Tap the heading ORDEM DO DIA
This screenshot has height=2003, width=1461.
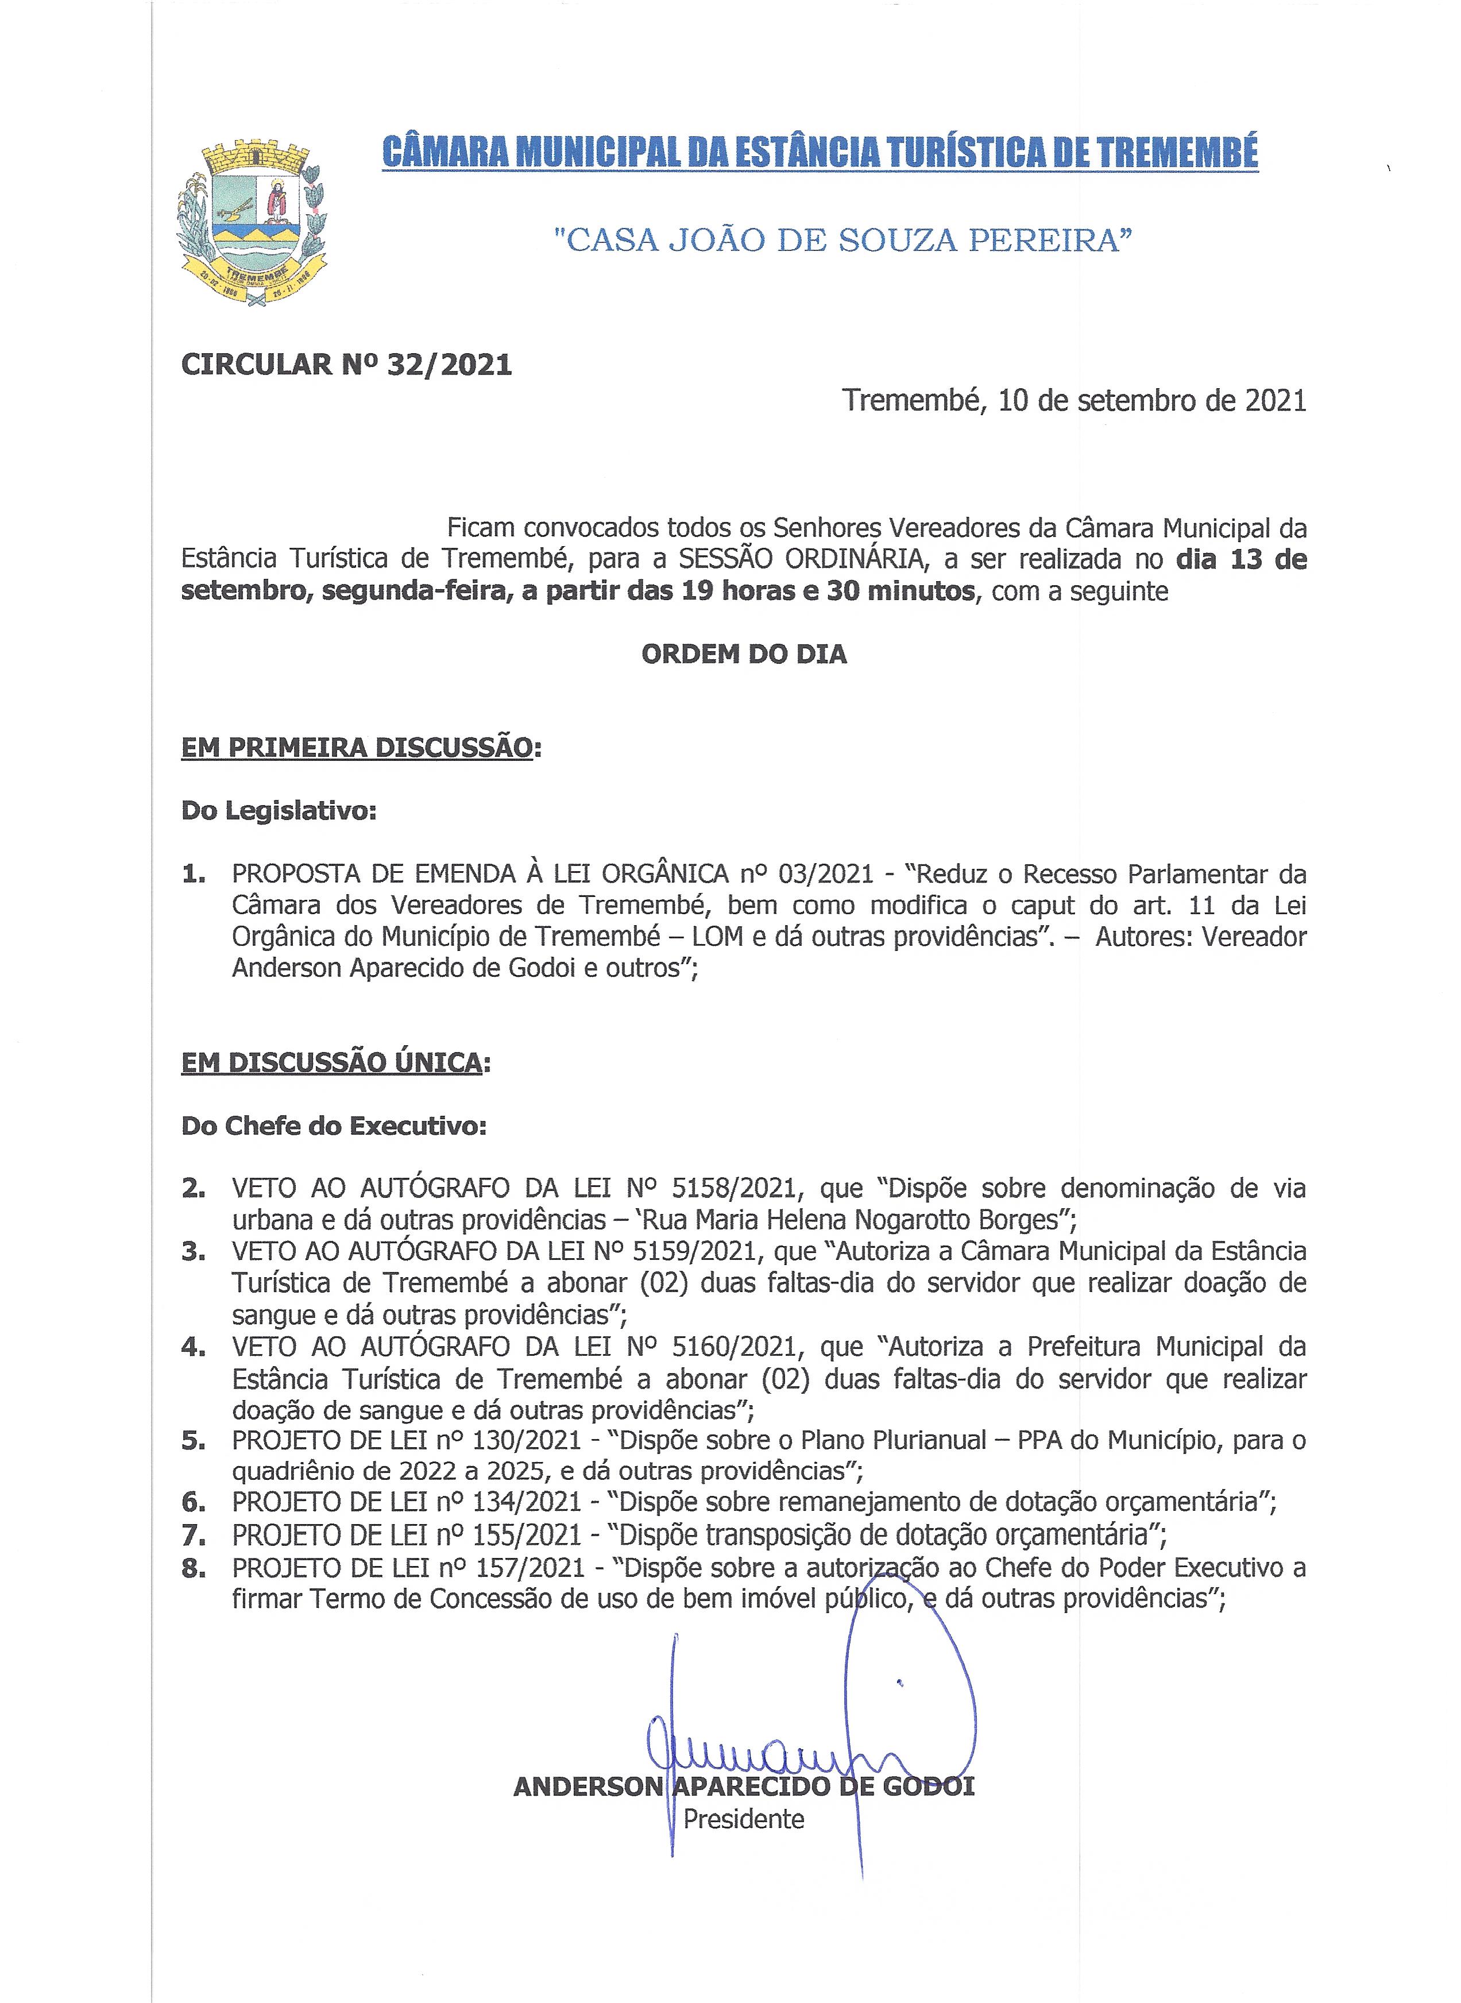[744, 655]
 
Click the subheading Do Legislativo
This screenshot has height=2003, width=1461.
[279, 810]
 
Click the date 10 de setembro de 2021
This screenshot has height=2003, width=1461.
[1153, 401]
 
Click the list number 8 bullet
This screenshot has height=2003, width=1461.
[193, 1568]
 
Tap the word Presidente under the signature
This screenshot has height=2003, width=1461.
[744, 1819]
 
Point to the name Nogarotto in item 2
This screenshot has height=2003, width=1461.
[920, 1220]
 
